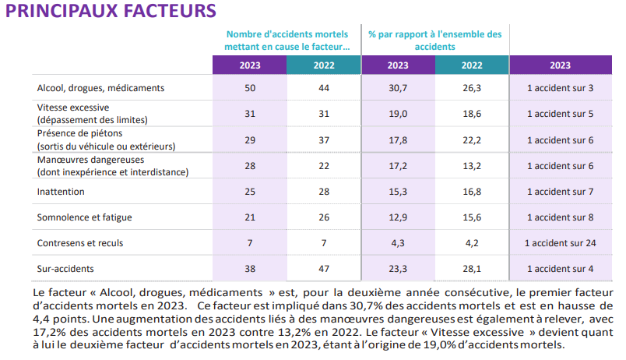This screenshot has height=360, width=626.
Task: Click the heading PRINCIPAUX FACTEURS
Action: [110, 12]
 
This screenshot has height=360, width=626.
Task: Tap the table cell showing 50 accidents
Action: [249, 88]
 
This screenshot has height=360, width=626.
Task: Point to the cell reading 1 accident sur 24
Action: [561, 243]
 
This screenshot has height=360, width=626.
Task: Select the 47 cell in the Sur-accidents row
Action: [324, 269]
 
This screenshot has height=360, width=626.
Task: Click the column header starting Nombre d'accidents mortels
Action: [287, 41]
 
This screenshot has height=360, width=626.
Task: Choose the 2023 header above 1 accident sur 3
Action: [560, 65]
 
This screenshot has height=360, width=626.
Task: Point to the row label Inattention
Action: [61, 192]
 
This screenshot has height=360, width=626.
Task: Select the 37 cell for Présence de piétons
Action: [324, 139]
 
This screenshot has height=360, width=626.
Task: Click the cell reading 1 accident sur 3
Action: [561, 88]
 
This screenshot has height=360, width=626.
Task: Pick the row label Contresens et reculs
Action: [80, 243]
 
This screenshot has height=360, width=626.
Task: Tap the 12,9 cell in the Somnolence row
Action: [398, 217]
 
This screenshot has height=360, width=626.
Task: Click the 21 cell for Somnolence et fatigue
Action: [249, 217]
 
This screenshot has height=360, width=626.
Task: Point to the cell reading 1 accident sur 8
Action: [561, 217]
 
